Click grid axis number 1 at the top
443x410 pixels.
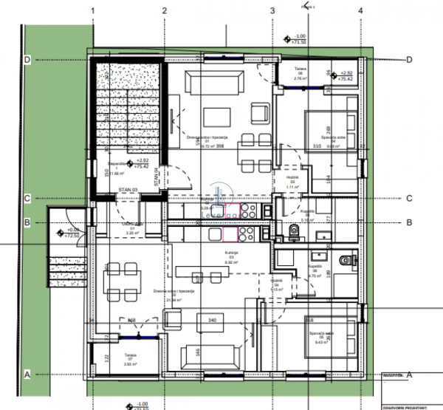pos(92,10)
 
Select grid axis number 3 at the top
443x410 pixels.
pos(272,10)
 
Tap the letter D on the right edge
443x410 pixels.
pos(409,60)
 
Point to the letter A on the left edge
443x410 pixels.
pos(27,375)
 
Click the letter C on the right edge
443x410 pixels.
pos(409,198)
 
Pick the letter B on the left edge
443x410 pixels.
pos(27,222)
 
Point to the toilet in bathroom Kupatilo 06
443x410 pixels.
pos(345,259)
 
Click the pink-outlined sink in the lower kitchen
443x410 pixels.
pos(230,234)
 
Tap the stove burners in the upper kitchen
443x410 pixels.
pos(246,211)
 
